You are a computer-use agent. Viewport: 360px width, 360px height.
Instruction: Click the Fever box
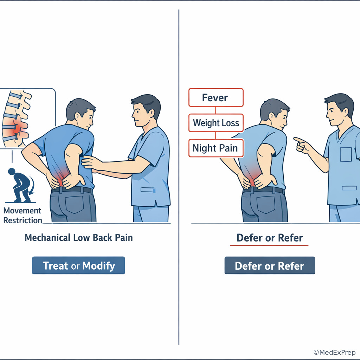(x=216, y=98)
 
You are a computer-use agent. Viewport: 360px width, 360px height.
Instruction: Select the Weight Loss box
(x=216, y=123)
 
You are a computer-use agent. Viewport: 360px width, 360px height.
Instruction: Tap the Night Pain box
(x=216, y=148)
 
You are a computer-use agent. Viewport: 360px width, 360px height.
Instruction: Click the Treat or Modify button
(x=78, y=265)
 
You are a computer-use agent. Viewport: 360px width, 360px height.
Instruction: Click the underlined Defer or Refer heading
(x=270, y=238)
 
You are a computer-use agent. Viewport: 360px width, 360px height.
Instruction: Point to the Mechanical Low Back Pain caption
(x=79, y=238)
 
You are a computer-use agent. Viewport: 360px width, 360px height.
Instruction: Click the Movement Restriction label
(x=22, y=216)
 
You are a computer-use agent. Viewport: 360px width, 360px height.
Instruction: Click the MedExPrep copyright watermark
(x=334, y=352)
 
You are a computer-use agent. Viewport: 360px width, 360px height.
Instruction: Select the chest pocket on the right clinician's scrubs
(x=346, y=155)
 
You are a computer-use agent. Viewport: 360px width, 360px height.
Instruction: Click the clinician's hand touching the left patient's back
(x=91, y=162)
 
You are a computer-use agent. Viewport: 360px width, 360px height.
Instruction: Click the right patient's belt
(x=264, y=190)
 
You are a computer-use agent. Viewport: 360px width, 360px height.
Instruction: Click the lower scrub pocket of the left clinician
(x=148, y=190)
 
